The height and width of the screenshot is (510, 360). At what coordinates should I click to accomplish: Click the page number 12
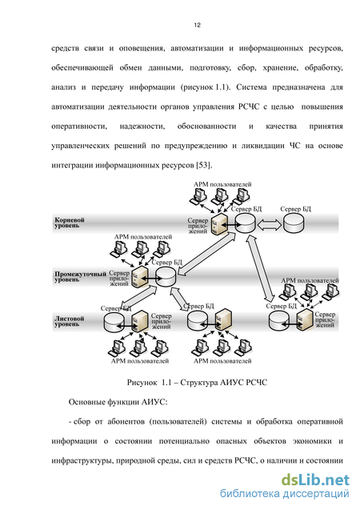(198, 25)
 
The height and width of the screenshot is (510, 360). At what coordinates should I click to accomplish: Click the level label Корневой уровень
(70, 223)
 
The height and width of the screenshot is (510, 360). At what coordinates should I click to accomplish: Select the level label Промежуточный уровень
(80, 276)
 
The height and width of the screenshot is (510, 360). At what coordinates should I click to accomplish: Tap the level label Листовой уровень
(70, 321)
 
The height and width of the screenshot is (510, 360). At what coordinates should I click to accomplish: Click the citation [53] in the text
(204, 165)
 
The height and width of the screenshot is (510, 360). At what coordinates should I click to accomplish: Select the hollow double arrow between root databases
(269, 224)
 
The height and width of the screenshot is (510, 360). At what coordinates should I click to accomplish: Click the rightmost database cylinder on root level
(294, 223)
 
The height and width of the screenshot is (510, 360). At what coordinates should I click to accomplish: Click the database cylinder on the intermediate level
(166, 277)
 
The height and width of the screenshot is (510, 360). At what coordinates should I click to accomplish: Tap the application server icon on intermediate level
(140, 277)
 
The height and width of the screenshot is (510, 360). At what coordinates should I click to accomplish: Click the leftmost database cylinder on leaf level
(114, 322)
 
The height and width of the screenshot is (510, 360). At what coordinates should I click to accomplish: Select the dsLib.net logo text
(315, 480)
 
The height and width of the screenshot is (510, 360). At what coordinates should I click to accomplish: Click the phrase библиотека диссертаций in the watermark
(284, 494)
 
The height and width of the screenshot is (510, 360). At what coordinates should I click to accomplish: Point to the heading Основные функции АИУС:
(118, 403)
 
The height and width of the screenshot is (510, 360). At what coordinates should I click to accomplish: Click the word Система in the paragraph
(251, 87)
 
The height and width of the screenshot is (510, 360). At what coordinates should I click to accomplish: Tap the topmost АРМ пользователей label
(222, 184)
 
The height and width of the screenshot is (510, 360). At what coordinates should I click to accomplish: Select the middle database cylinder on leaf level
(198, 320)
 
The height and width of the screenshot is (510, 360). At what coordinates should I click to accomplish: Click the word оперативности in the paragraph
(79, 126)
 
